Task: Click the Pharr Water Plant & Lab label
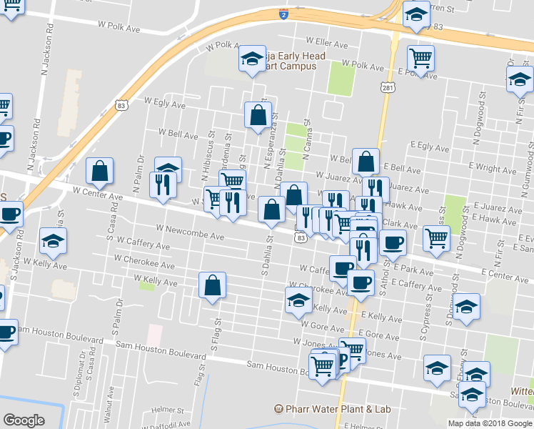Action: pos(334,409)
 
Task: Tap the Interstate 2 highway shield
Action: pos(283,14)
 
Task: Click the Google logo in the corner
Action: pos(24,420)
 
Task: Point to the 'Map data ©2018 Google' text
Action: pos(490,423)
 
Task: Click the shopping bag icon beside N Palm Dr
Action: pos(99,170)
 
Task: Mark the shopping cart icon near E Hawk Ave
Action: pos(436,238)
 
